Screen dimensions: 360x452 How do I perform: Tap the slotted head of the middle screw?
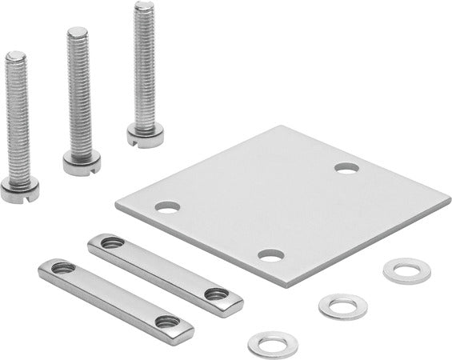[81, 163]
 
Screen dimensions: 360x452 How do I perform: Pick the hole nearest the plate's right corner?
[346, 168]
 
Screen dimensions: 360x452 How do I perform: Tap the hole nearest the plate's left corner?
[166, 206]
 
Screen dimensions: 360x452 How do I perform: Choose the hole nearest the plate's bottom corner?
[271, 256]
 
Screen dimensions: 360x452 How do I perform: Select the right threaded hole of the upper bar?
[214, 294]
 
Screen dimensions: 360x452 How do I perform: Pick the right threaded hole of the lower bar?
[166, 322]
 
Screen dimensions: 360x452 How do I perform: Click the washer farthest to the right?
[406, 270]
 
